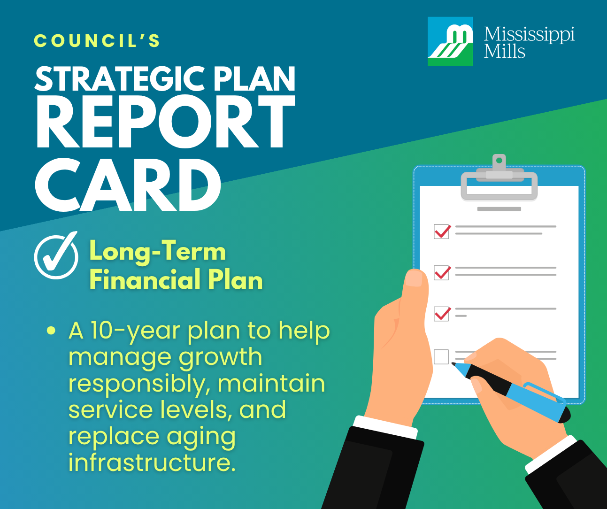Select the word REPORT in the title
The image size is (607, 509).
[165, 123]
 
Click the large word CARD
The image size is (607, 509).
[128, 185]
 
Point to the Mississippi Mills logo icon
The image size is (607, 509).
[450, 41]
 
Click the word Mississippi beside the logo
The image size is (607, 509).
[529, 34]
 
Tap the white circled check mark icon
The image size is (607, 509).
[56, 256]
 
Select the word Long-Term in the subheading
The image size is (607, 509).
[157, 251]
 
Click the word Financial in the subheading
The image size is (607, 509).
[145, 280]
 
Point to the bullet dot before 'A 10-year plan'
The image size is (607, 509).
[51, 331]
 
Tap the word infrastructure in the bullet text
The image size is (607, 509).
[152, 463]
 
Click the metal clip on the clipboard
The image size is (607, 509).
[499, 181]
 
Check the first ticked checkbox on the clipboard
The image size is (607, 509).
[442, 231]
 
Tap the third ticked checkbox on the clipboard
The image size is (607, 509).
[442, 313]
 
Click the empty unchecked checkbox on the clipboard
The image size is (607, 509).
[441, 357]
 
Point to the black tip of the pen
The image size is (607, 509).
[454, 364]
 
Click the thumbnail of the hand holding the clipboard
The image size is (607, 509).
[414, 278]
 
